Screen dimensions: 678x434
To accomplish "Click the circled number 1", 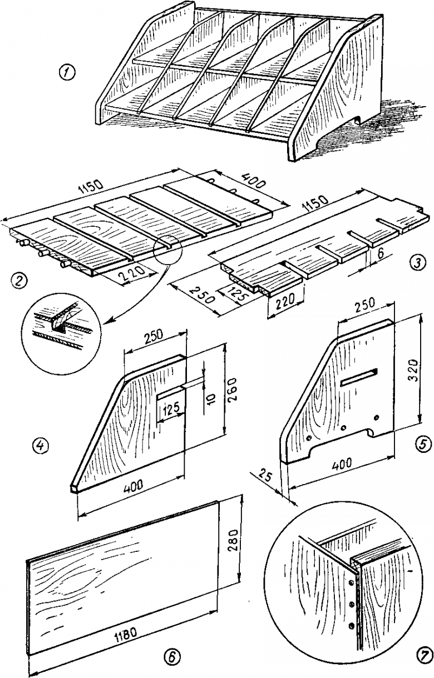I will (68, 72).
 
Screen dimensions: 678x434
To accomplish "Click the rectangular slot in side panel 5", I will (359, 377).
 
